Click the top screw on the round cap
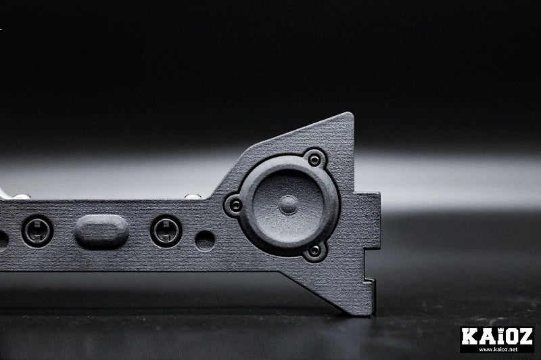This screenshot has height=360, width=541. pyautogui.click(x=314, y=160)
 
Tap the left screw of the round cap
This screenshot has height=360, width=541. pyautogui.click(x=235, y=204)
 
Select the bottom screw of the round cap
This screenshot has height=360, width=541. pyautogui.click(x=314, y=250)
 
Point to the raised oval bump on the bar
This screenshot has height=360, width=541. pyautogui.click(x=101, y=231)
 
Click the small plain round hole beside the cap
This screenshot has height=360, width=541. pyautogui.click(x=205, y=240)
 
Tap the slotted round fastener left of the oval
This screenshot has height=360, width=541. pyautogui.click(x=37, y=231)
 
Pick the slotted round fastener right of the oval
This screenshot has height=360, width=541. pyautogui.click(x=166, y=231)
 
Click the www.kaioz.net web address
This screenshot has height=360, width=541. pyautogui.click(x=497, y=349)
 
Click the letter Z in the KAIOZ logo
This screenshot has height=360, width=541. pyautogui.click(x=525, y=336)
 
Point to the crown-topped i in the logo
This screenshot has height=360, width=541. pyautogui.click(x=498, y=336)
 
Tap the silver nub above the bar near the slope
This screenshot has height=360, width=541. pyautogui.click(x=193, y=196)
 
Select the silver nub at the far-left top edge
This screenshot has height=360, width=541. pyautogui.click(x=20, y=196)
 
